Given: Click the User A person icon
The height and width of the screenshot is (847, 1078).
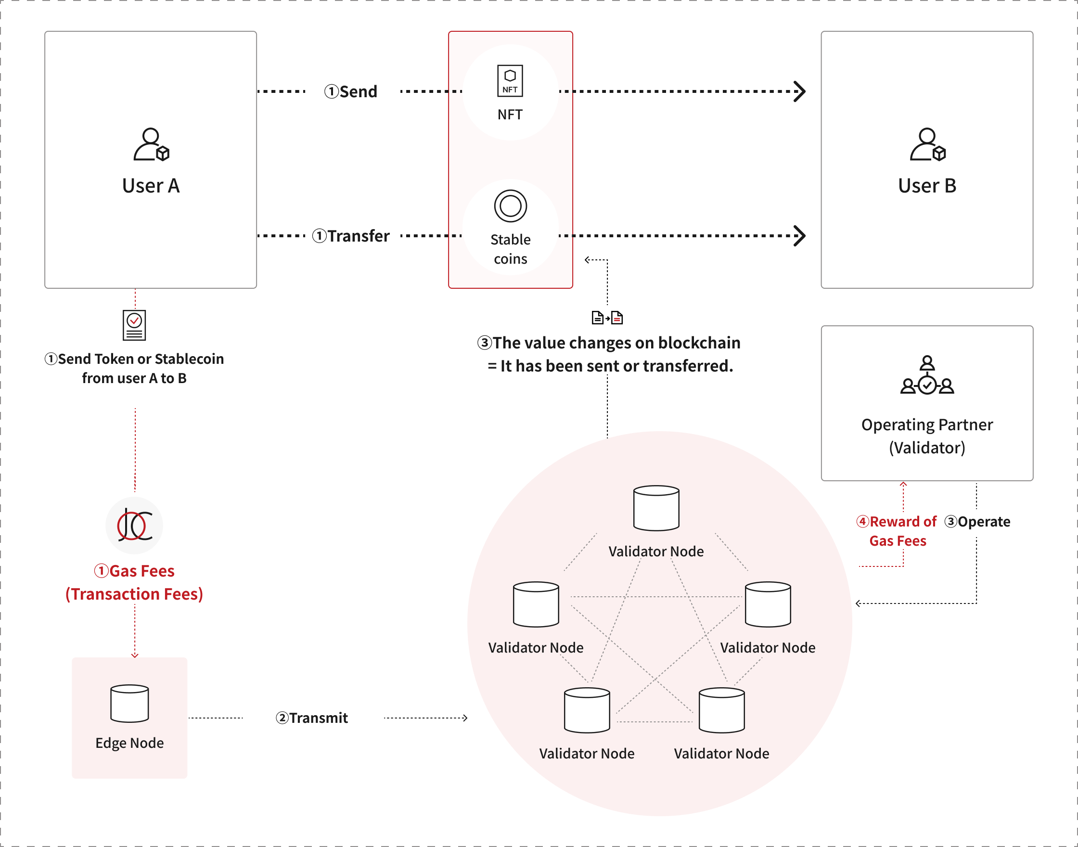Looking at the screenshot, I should click(x=151, y=144).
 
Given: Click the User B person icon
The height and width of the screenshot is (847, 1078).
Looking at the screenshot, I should click(x=927, y=144).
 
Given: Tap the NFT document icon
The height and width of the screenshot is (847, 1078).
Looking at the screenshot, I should click(x=510, y=80).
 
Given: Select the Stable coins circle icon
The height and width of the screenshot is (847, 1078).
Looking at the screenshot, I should click(x=510, y=206).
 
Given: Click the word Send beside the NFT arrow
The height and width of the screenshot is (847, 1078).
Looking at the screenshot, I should click(x=358, y=92).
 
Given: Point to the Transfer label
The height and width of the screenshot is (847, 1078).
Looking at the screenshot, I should click(x=358, y=236).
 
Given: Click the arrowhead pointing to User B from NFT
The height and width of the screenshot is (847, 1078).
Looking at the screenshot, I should click(x=799, y=92).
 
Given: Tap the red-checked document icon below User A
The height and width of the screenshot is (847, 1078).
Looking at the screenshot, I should click(x=134, y=325).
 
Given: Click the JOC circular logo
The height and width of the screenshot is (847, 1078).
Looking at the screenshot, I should click(x=134, y=525).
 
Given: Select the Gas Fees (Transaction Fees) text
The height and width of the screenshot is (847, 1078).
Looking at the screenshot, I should click(x=134, y=583).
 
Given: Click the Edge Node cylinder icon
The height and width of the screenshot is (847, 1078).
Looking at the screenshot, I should click(x=129, y=703).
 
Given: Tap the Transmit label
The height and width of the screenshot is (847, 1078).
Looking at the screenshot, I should click(x=318, y=718).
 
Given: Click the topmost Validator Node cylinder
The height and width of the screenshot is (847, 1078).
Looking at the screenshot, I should click(x=656, y=508).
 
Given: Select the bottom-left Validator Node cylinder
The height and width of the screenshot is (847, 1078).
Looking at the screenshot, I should click(x=587, y=710).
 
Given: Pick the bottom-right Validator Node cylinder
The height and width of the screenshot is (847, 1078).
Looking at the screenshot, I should click(x=721, y=710).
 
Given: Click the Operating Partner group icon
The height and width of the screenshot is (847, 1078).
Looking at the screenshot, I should click(x=927, y=375).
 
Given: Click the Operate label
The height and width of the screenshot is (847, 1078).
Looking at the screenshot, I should click(x=983, y=522).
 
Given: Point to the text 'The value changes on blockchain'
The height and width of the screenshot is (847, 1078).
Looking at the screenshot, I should click(x=616, y=343).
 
